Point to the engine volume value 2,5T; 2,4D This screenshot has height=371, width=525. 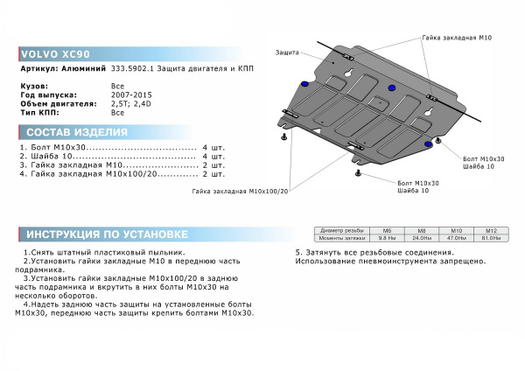(131, 103)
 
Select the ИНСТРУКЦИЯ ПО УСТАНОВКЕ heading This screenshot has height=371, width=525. (106, 234)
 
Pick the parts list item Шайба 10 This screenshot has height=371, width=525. (47, 156)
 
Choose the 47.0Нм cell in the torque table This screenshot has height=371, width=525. (451, 237)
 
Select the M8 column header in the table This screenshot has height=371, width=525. (423, 230)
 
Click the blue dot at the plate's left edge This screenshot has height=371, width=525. (304, 82)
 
